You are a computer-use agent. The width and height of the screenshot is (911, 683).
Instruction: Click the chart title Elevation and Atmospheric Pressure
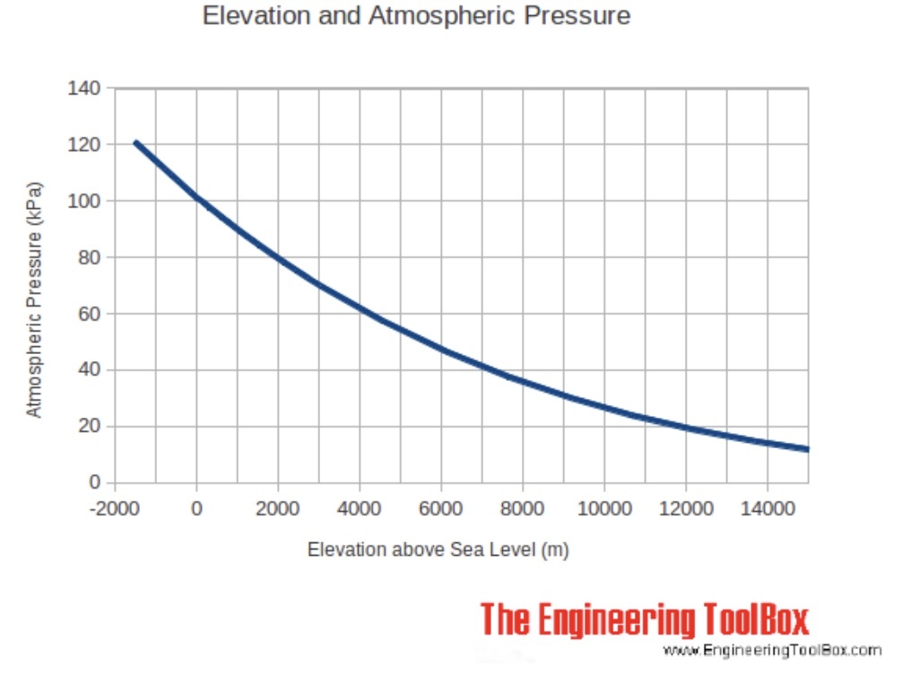point(416,16)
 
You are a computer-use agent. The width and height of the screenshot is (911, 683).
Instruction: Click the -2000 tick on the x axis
point(115,509)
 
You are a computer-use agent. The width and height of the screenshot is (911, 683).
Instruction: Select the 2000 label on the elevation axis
point(277,509)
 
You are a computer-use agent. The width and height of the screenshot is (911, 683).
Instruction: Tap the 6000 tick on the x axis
point(440,509)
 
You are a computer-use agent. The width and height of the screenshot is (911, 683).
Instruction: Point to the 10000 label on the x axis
point(603,509)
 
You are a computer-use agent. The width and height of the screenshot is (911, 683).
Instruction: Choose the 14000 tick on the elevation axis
point(767,509)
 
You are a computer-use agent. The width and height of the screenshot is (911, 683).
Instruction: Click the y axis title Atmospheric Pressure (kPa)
point(34,301)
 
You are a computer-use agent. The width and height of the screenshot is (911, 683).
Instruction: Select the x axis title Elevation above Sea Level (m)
point(438,549)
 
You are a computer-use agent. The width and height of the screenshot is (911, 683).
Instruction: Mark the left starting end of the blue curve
point(135,143)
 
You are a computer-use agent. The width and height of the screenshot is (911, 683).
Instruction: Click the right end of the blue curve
point(807,449)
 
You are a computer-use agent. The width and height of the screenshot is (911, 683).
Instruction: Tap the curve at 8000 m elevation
point(522,382)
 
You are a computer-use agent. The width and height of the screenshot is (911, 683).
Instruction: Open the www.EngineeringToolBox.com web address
point(772,650)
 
